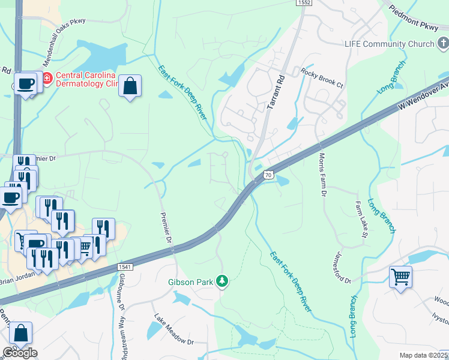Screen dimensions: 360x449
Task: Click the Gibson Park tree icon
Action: point(222,280)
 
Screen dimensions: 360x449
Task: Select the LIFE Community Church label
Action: point(389,44)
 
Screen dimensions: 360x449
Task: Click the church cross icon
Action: point(442,43)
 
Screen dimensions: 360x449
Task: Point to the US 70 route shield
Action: point(268,175)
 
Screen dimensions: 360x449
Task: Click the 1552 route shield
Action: point(304,4)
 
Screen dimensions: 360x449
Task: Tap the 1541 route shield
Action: point(124,266)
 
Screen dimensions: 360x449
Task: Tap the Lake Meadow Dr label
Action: point(174,330)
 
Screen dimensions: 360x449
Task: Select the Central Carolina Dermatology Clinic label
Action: point(88,79)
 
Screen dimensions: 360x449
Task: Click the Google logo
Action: point(20,353)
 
